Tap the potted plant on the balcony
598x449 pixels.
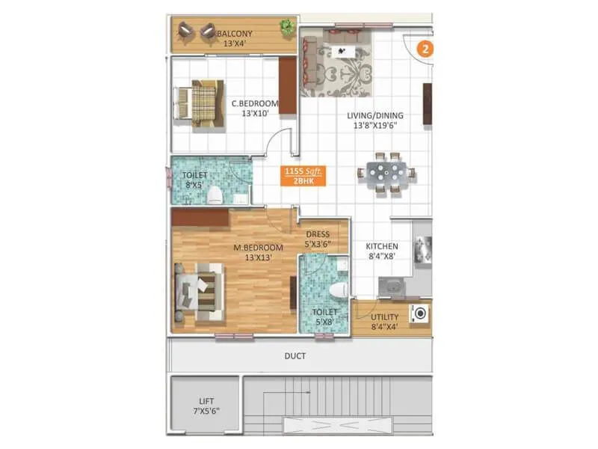pos(287,28)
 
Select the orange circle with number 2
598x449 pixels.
pos(425,50)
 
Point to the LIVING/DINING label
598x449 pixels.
pos(374,120)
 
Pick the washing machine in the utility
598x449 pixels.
pos(419,314)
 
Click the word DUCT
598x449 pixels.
pos(295,356)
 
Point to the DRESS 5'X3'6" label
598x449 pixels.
pos(317,239)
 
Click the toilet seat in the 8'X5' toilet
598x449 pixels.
pos(215,195)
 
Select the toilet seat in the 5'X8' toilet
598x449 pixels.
pos(337,289)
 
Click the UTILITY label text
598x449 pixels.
pos(384,321)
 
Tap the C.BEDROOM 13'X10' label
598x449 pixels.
pos(254,109)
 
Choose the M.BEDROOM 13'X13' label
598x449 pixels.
pos(258,252)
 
